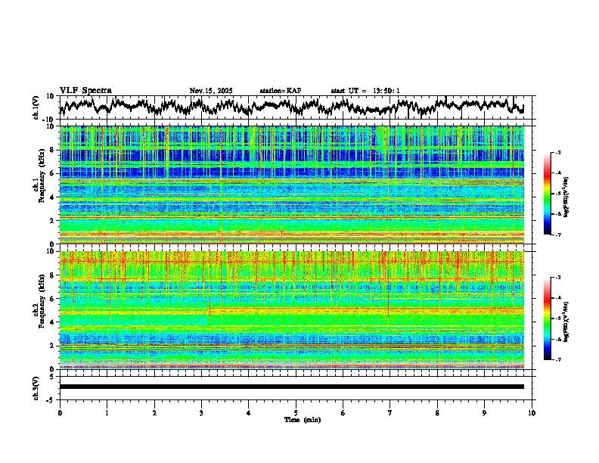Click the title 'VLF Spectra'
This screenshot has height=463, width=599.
tap(85, 90)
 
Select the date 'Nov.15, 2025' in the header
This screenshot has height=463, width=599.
tap(211, 91)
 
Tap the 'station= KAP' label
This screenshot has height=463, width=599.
tap(280, 91)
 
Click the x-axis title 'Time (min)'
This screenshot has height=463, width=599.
tap(296, 419)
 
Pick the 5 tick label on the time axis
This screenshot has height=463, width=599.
tap(296, 412)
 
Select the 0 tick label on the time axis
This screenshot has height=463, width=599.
tap(60, 412)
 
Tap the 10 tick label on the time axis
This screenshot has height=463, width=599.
tap(532, 412)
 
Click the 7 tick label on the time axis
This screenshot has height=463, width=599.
tap(390, 412)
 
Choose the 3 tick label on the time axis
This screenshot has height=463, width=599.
tap(202, 412)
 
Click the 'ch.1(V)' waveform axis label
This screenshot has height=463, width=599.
tap(36, 107)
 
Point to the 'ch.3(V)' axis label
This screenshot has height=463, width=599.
tap(36, 387)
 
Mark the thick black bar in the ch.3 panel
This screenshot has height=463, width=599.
tap(292, 387)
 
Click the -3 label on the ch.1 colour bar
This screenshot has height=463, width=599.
tap(557, 153)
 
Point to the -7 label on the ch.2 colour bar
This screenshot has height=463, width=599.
tap(557, 360)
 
